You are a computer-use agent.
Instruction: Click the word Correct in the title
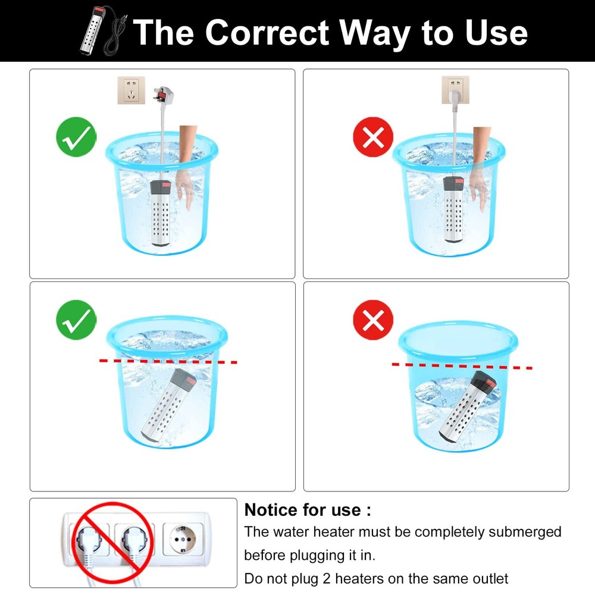click(267, 33)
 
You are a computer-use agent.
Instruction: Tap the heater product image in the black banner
click(102, 31)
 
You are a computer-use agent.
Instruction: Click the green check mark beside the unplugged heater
click(76, 137)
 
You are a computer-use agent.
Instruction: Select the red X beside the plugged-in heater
click(373, 137)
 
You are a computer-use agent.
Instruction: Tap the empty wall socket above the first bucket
click(131, 90)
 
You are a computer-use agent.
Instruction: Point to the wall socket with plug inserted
click(455, 90)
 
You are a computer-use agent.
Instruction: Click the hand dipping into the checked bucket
click(187, 167)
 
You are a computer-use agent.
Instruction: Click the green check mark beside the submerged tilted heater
click(76, 320)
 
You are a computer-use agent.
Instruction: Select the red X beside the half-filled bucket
click(373, 320)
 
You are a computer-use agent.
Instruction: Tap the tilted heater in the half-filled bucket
click(468, 407)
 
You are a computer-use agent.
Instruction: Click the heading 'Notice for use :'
click(308, 510)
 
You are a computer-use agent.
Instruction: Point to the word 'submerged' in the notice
click(525, 531)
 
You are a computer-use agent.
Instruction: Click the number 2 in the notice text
click(327, 579)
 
